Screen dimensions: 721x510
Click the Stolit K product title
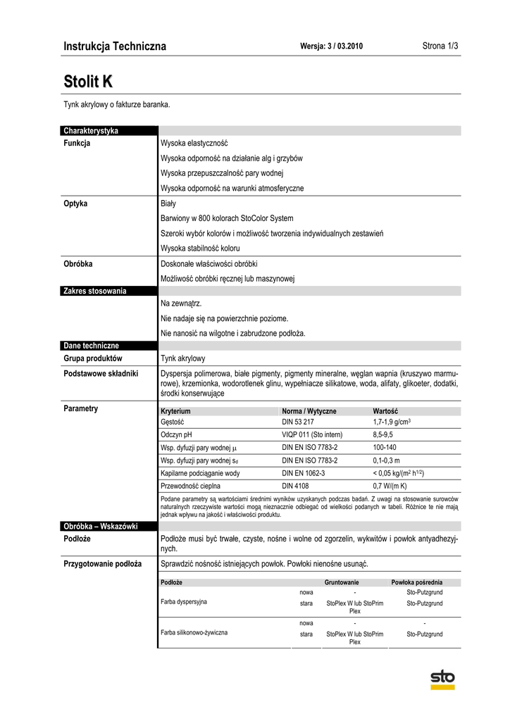coord(88,81)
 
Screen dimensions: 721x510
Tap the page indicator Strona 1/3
coord(440,46)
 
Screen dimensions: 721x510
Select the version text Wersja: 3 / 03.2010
coord(331,46)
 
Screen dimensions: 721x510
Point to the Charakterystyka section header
coord(91,131)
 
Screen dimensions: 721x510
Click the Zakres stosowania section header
coord(95,291)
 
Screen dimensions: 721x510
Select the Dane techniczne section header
coord(92,346)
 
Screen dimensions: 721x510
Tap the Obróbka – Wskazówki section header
coord(100,527)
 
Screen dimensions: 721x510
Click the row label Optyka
coord(75,204)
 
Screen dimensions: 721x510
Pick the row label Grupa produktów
coord(92,358)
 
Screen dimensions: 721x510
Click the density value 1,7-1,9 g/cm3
coord(392,422)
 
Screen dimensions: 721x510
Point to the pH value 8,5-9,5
coord(385,435)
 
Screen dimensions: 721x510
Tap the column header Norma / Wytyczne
coord(309,410)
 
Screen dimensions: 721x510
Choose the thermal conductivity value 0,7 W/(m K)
coord(390,486)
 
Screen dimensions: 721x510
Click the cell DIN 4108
coord(295,486)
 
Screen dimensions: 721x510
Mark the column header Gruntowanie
coord(342,582)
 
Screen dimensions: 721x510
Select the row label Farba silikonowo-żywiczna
coord(194,633)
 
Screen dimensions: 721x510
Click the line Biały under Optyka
coord(168,204)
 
